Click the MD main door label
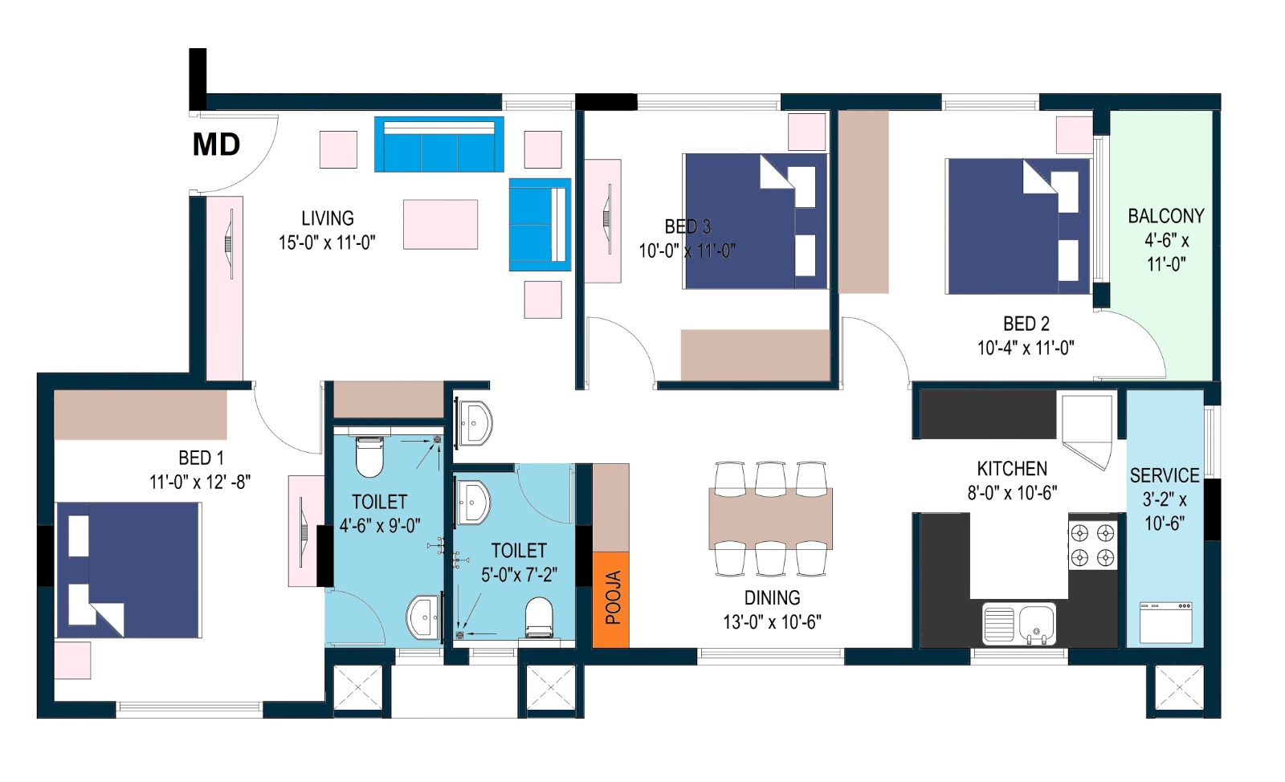[216, 145]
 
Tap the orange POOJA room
[611, 600]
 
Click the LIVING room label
[328, 218]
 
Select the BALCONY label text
[1166, 216]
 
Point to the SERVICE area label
[1165, 475]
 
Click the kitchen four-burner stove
[1093, 545]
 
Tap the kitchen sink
[1019, 623]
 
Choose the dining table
[770, 519]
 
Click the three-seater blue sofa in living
[439, 145]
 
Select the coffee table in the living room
[441, 225]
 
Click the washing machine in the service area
[1165, 622]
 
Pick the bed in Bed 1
[129, 571]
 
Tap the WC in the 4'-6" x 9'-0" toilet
[369, 457]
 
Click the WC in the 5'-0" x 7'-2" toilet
[539, 617]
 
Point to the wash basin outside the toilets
[474, 423]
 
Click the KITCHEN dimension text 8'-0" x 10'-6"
[1012, 493]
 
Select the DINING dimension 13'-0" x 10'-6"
[772, 622]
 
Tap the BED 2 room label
[1026, 324]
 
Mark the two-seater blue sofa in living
[540, 225]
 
